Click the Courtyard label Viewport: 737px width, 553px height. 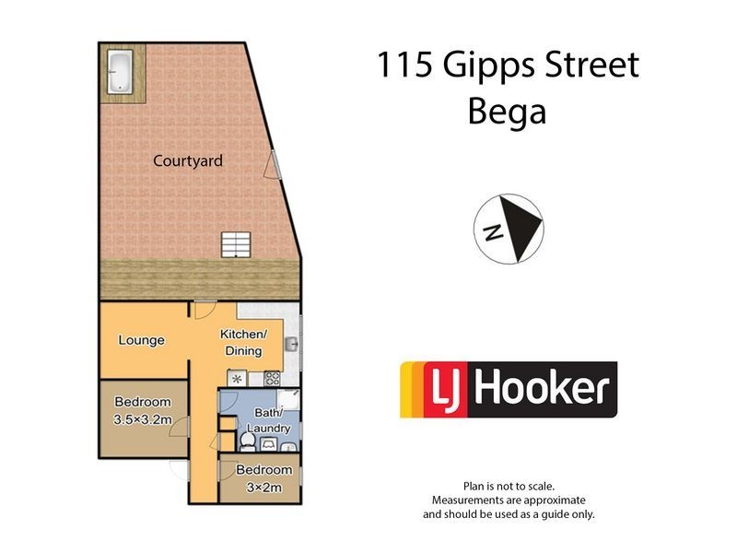pos(188,161)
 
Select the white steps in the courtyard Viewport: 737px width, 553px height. pos(234,244)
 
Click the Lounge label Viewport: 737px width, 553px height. pos(141,340)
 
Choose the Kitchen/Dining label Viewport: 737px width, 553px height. pos(242,342)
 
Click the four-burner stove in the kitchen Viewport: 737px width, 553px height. pos(272,377)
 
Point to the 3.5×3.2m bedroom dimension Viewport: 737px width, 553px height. pos(143,418)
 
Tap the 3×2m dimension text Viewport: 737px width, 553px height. pos(259,486)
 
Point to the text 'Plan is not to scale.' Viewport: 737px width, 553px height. pos(509,485)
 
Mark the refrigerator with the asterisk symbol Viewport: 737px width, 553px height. pos(238,378)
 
